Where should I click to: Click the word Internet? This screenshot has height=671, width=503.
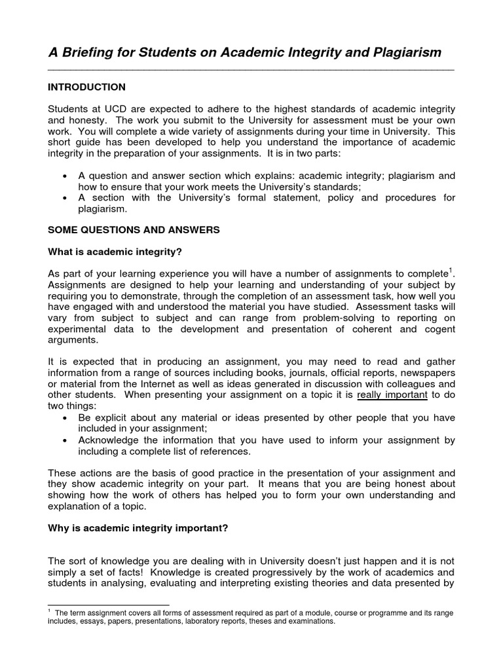coord(168,383)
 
